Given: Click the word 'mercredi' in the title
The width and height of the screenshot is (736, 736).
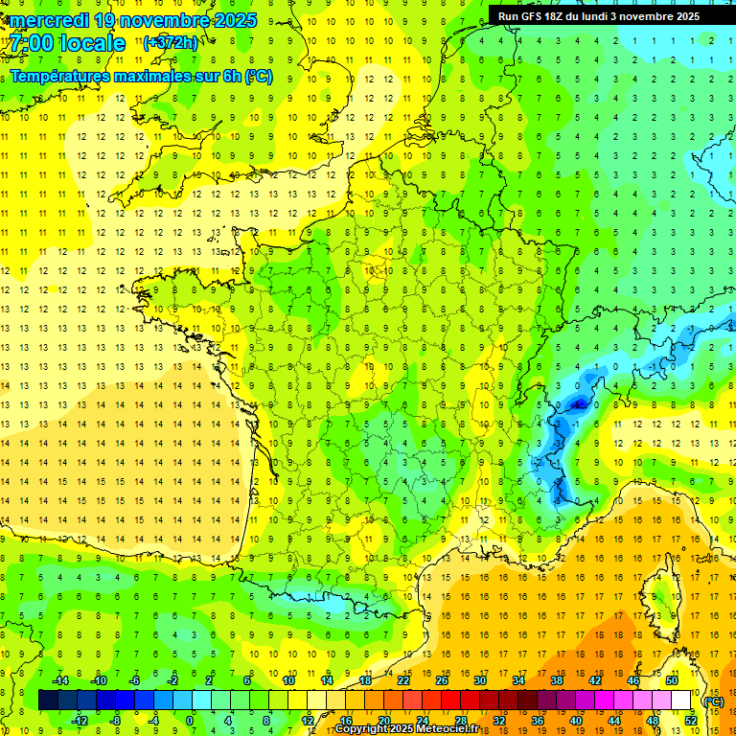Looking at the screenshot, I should (49, 20).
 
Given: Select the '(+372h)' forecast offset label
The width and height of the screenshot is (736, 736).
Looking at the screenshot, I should (171, 42).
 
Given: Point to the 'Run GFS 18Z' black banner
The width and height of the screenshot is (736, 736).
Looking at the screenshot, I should (598, 16).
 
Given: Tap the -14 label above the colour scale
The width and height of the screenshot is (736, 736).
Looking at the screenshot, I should (60, 679).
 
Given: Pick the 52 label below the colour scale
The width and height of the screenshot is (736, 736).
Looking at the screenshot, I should (691, 720).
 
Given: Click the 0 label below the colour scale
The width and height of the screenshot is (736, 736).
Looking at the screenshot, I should (190, 720).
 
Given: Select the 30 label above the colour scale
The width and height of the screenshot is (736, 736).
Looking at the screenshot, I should (479, 679).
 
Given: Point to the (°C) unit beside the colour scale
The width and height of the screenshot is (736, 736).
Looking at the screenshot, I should (713, 701).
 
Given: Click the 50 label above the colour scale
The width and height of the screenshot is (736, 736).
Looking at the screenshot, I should (672, 679).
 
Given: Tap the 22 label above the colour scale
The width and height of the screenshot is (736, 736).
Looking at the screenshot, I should (403, 679).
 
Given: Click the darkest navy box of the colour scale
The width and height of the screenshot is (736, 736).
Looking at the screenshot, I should (48, 701).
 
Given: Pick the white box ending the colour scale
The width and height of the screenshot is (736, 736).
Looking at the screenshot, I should (681, 701).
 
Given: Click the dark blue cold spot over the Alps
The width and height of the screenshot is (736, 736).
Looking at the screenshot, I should (577, 404).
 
